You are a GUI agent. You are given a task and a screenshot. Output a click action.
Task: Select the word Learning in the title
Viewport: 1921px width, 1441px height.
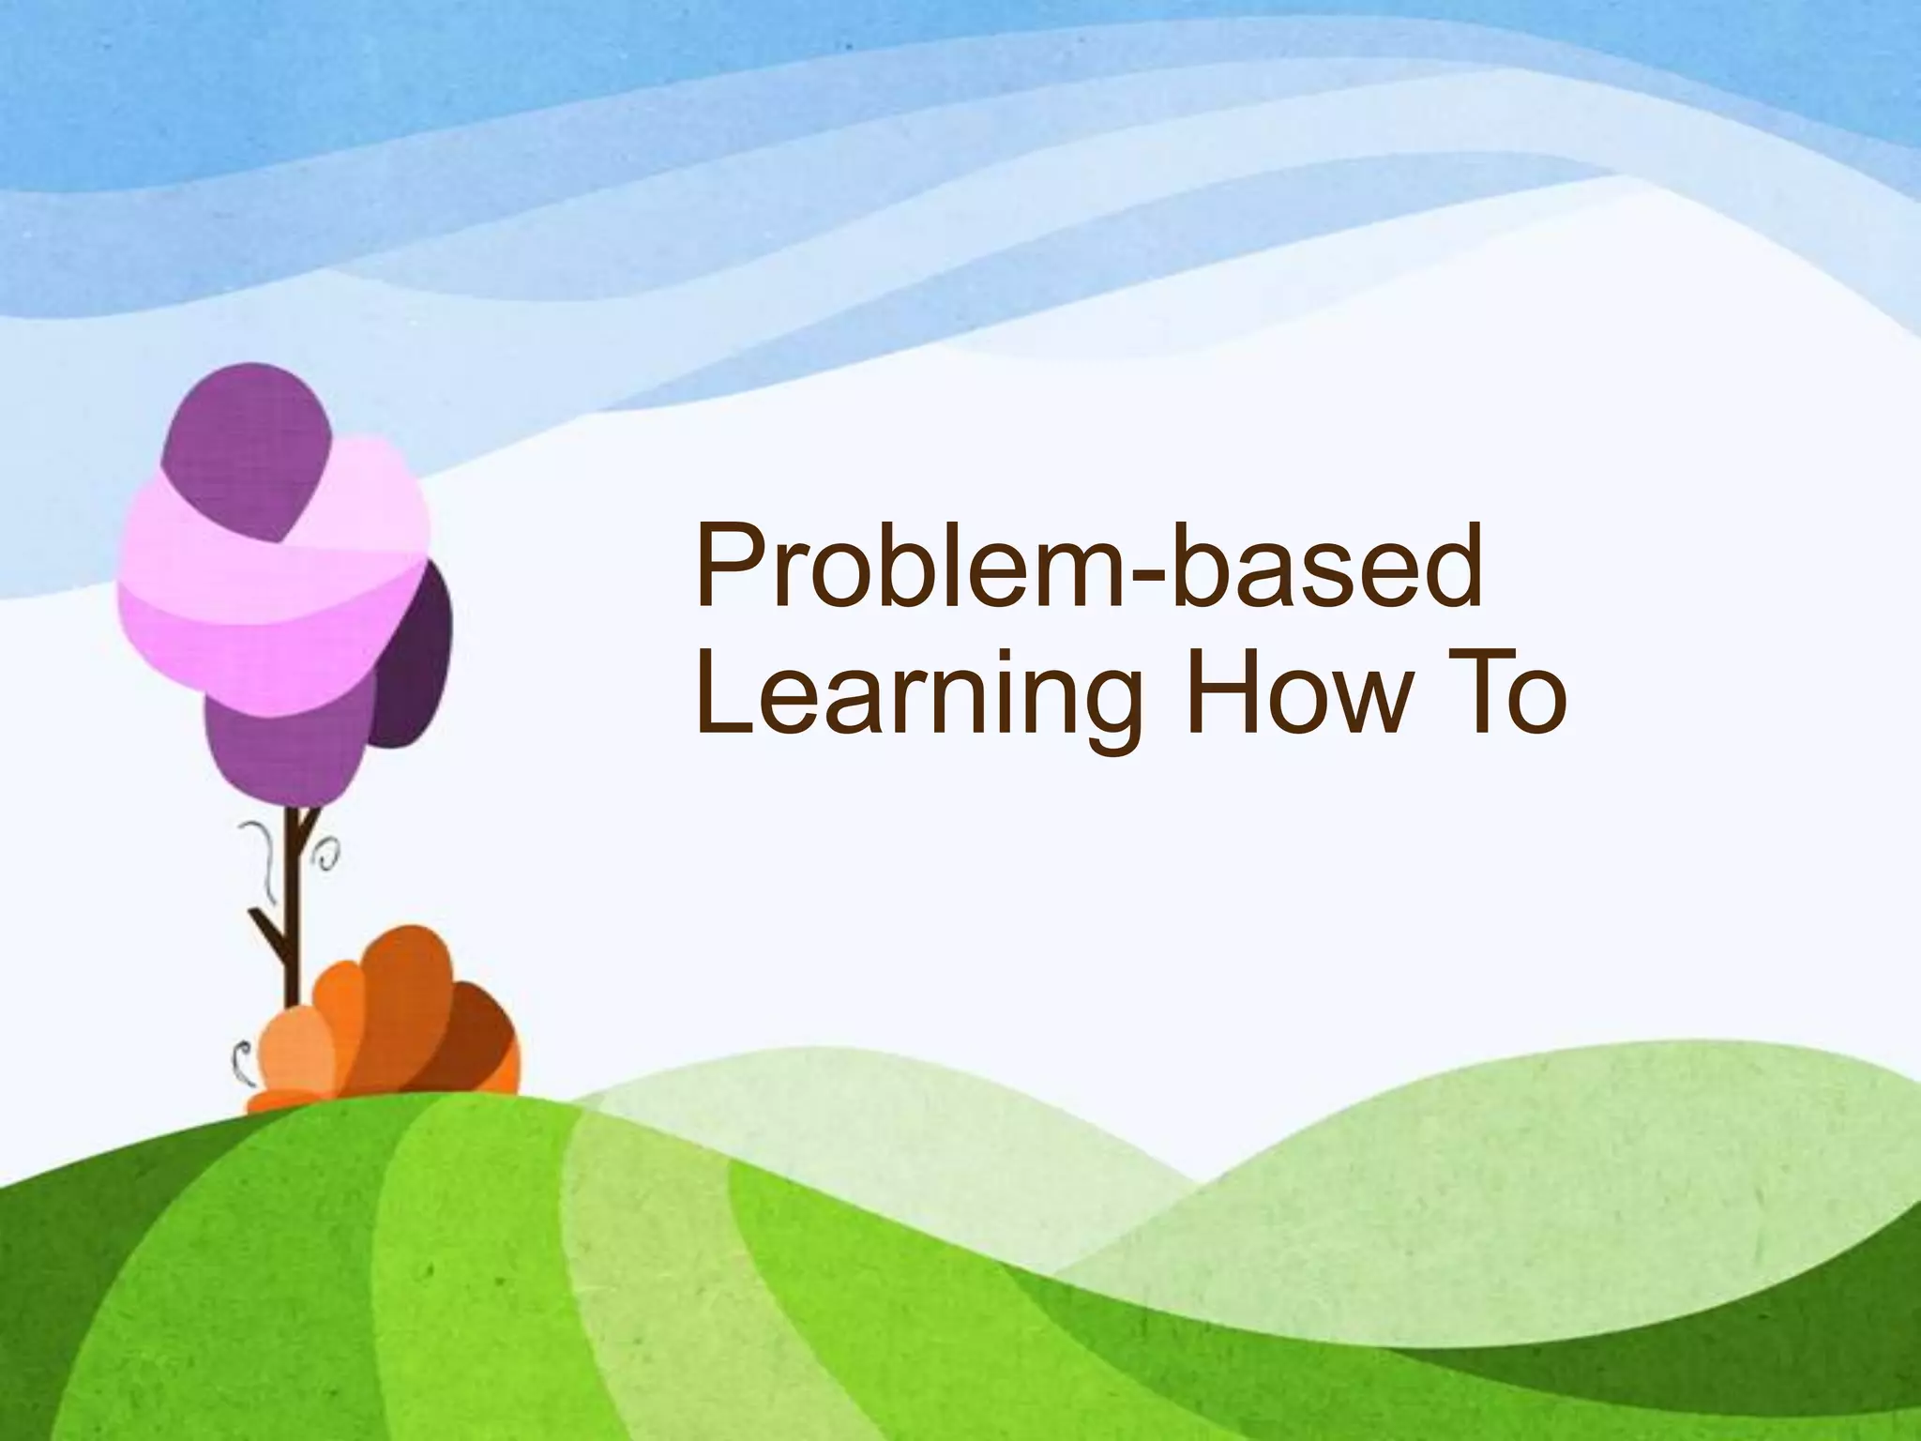pyautogui.click(x=919, y=699)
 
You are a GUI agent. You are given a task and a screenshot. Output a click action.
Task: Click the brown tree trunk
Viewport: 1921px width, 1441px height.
pyautogui.click(x=294, y=901)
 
